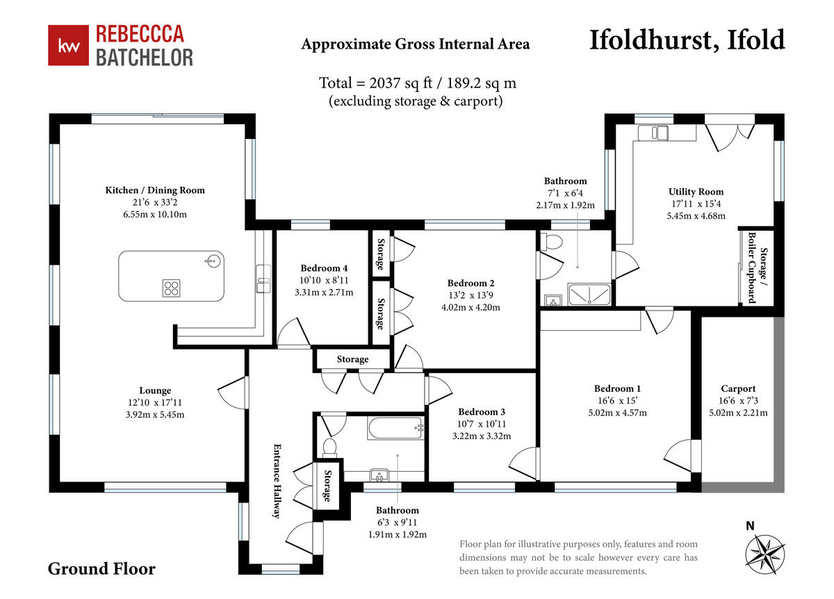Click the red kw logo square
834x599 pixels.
[69, 45]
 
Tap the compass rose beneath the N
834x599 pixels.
[764, 555]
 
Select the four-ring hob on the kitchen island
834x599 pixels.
[171, 288]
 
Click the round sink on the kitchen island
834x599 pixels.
[213, 261]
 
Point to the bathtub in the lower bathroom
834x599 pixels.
[396, 428]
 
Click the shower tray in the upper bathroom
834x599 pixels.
[589, 294]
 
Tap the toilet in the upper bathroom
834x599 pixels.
[551, 242]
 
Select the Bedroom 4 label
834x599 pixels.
[324, 268]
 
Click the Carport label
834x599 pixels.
[738, 388]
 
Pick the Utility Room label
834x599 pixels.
[696, 192]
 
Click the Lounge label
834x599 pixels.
[155, 391]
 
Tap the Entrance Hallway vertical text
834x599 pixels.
[277, 481]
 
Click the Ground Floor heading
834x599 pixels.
[101, 569]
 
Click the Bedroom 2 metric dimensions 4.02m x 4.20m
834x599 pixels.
[471, 308]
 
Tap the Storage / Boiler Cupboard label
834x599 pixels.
[758, 268]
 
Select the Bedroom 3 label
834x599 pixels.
[482, 412]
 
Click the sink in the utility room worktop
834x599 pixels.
[657, 133]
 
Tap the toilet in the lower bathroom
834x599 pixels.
[329, 448]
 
